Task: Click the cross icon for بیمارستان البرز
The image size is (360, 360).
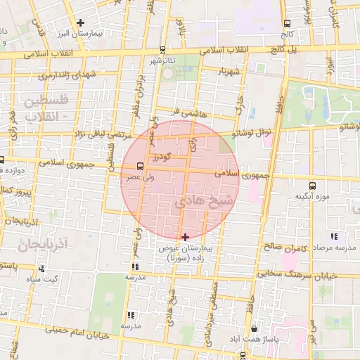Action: tap(81, 23)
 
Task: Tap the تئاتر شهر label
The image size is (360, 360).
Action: tap(167, 61)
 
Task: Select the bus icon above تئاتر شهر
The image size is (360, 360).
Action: tap(163, 50)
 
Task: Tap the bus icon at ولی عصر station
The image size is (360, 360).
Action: tap(139, 167)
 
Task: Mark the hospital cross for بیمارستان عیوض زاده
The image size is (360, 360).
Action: tap(185, 237)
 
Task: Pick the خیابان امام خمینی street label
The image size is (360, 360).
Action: tap(77, 332)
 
